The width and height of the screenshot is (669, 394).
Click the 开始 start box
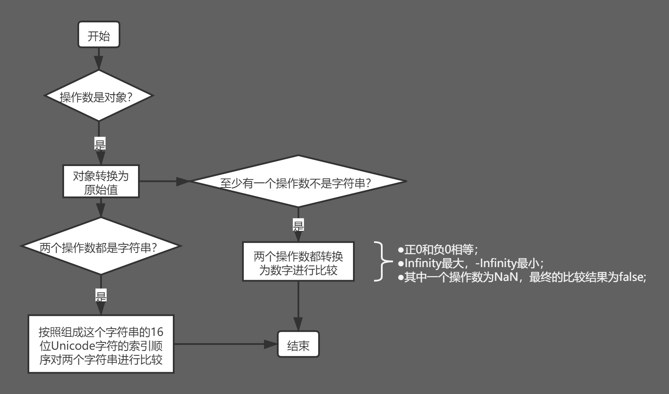point(98,35)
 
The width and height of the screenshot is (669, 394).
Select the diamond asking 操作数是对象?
point(99,96)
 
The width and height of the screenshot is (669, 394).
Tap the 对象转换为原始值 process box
point(101,182)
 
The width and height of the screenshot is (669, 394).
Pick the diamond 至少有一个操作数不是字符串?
point(298,182)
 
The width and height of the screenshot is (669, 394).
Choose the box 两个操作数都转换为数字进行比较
point(298,262)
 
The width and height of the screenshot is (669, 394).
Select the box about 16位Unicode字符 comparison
point(101,344)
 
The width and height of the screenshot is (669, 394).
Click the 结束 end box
point(298,344)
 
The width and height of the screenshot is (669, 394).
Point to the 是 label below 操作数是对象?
point(100,144)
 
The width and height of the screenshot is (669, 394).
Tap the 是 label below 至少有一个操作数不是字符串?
point(298,225)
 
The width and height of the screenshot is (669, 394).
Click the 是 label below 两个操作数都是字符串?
point(101,295)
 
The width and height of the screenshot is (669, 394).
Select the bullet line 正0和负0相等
point(438,249)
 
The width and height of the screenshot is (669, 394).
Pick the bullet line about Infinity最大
point(470,263)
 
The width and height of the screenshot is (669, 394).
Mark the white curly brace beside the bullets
point(381,261)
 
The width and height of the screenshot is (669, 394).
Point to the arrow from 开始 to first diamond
point(99,58)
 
